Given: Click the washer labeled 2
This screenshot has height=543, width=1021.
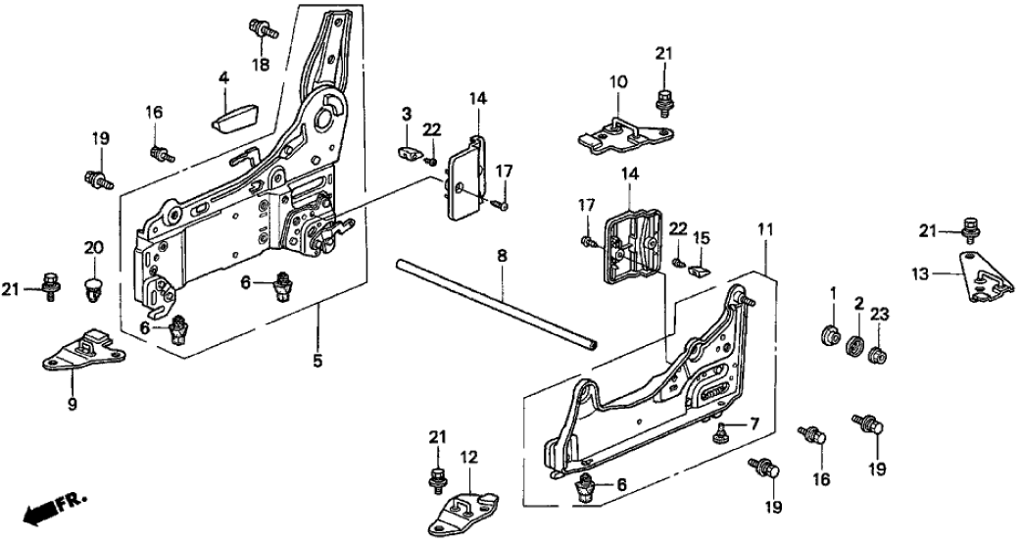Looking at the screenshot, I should (853, 346).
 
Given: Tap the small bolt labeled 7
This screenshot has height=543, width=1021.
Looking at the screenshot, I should (722, 428).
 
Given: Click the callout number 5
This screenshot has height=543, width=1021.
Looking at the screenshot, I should (317, 361).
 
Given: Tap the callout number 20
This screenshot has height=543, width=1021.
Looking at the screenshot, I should (92, 248).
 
